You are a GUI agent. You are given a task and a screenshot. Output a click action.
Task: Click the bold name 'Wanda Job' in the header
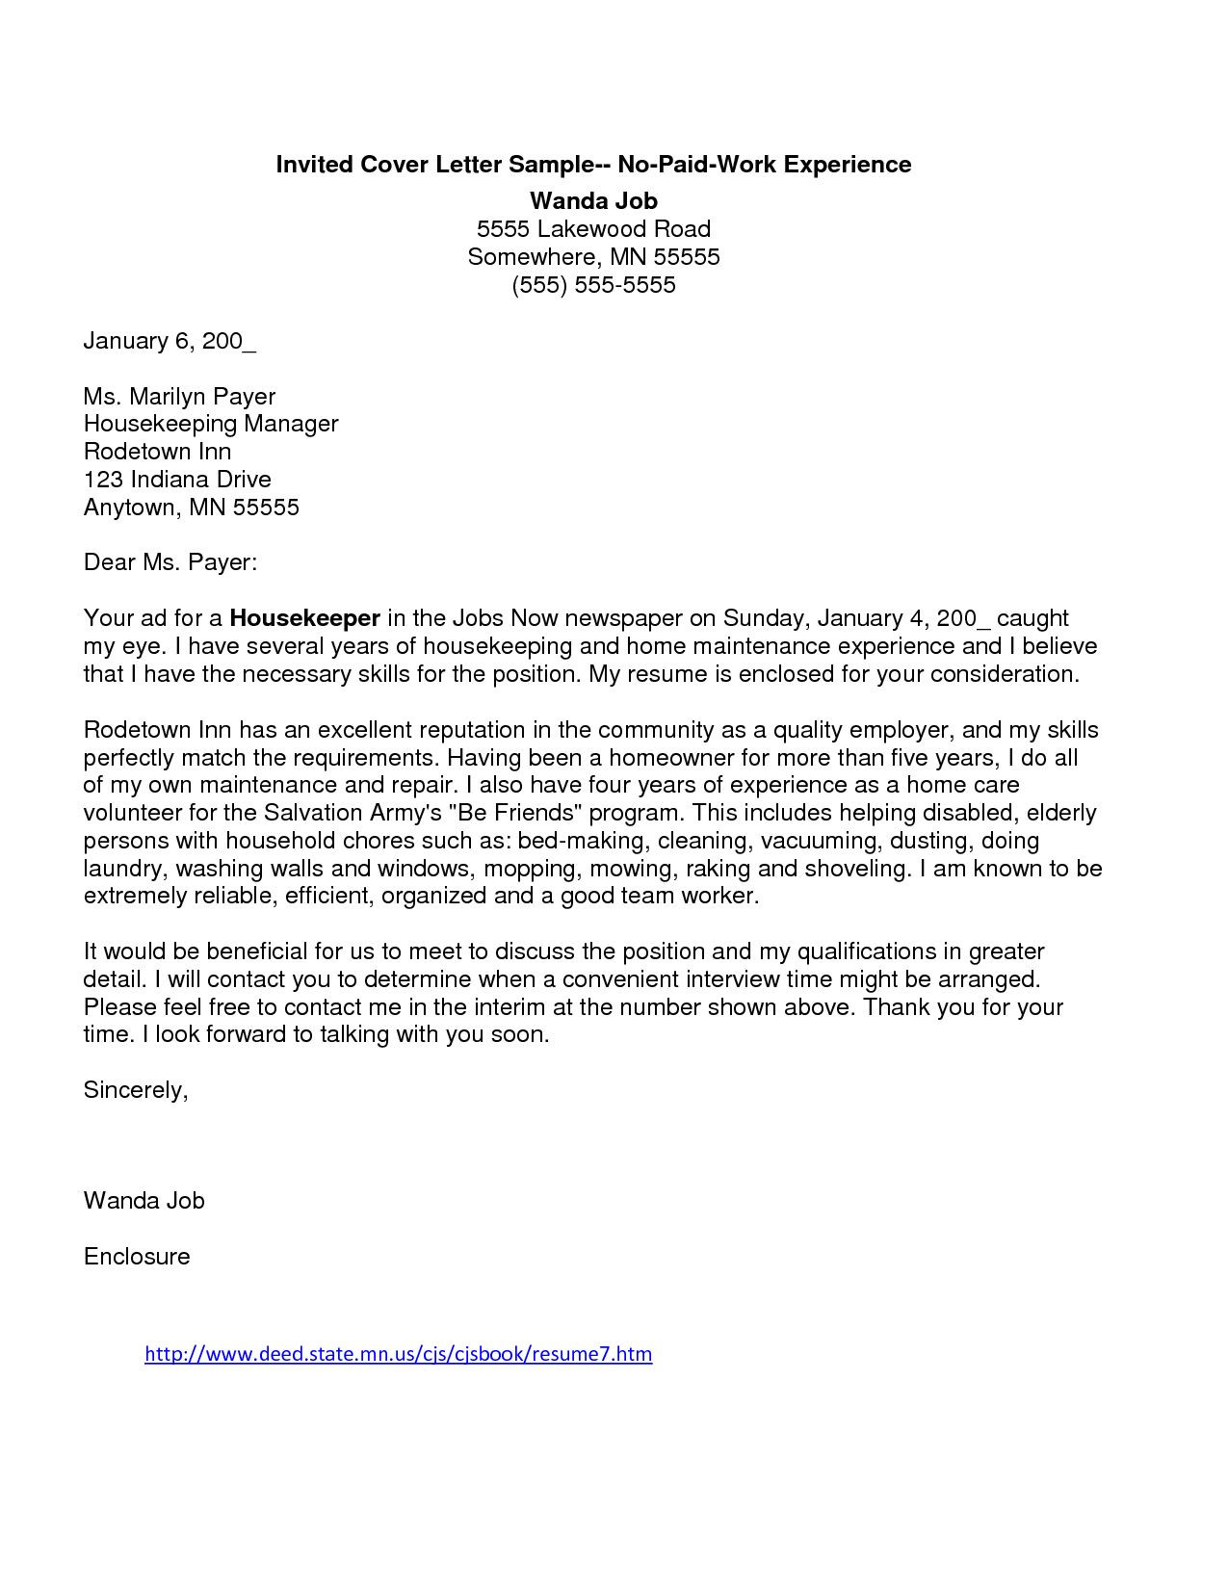pos(593,200)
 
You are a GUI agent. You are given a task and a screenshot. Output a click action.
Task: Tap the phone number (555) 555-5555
pos(593,285)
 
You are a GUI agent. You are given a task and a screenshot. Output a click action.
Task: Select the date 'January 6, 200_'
pos(170,341)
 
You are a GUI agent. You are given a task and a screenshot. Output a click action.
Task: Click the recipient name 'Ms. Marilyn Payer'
pos(179,397)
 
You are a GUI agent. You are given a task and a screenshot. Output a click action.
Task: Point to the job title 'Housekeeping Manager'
pos(211,424)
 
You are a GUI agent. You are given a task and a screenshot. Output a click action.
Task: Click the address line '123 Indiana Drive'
pos(177,480)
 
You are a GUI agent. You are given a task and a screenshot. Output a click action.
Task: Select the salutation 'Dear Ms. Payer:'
pos(170,562)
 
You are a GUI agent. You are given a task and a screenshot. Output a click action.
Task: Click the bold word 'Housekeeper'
pos(305,617)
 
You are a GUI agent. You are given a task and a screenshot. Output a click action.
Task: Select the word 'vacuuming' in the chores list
pos(819,841)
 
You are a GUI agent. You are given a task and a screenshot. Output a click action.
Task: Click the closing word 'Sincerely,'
pos(136,1090)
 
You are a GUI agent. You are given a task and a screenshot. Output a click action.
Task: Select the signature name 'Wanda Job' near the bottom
pos(144,1201)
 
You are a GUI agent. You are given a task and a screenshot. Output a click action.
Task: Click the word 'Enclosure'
pos(137,1257)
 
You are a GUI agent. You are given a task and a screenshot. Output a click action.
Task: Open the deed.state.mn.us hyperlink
pos(398,1354)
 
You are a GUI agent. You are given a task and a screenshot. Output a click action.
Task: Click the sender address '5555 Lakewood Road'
pos(593,229)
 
